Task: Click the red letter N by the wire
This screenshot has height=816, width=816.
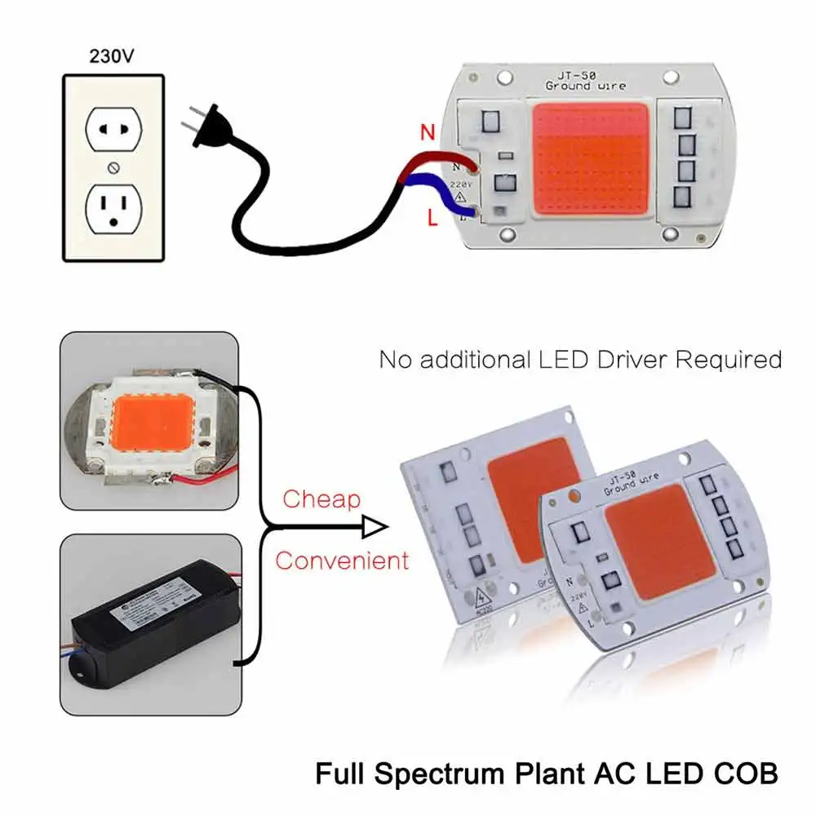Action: pyautogui.click(x=426, y=131)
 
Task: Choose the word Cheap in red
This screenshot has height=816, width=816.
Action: pyautogui.click(x=322, y=499)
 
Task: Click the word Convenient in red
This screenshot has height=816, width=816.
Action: pyautogui.click(x=342, y=561)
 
